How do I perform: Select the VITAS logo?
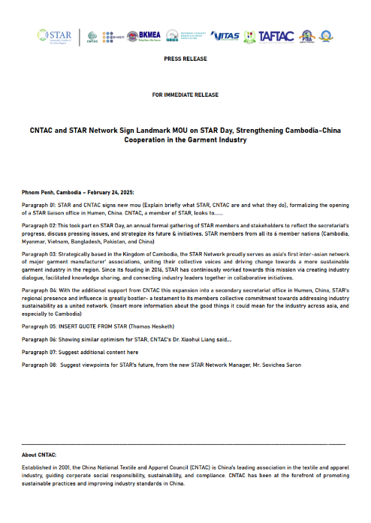pyautogui.click(x=225, y=36)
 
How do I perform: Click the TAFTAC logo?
pyautogui.click(x=275, y=36)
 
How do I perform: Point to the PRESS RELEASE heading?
pyautogui.click(x=185, y=58)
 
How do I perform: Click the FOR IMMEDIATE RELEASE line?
pyautogui.click(x=185, y=95)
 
